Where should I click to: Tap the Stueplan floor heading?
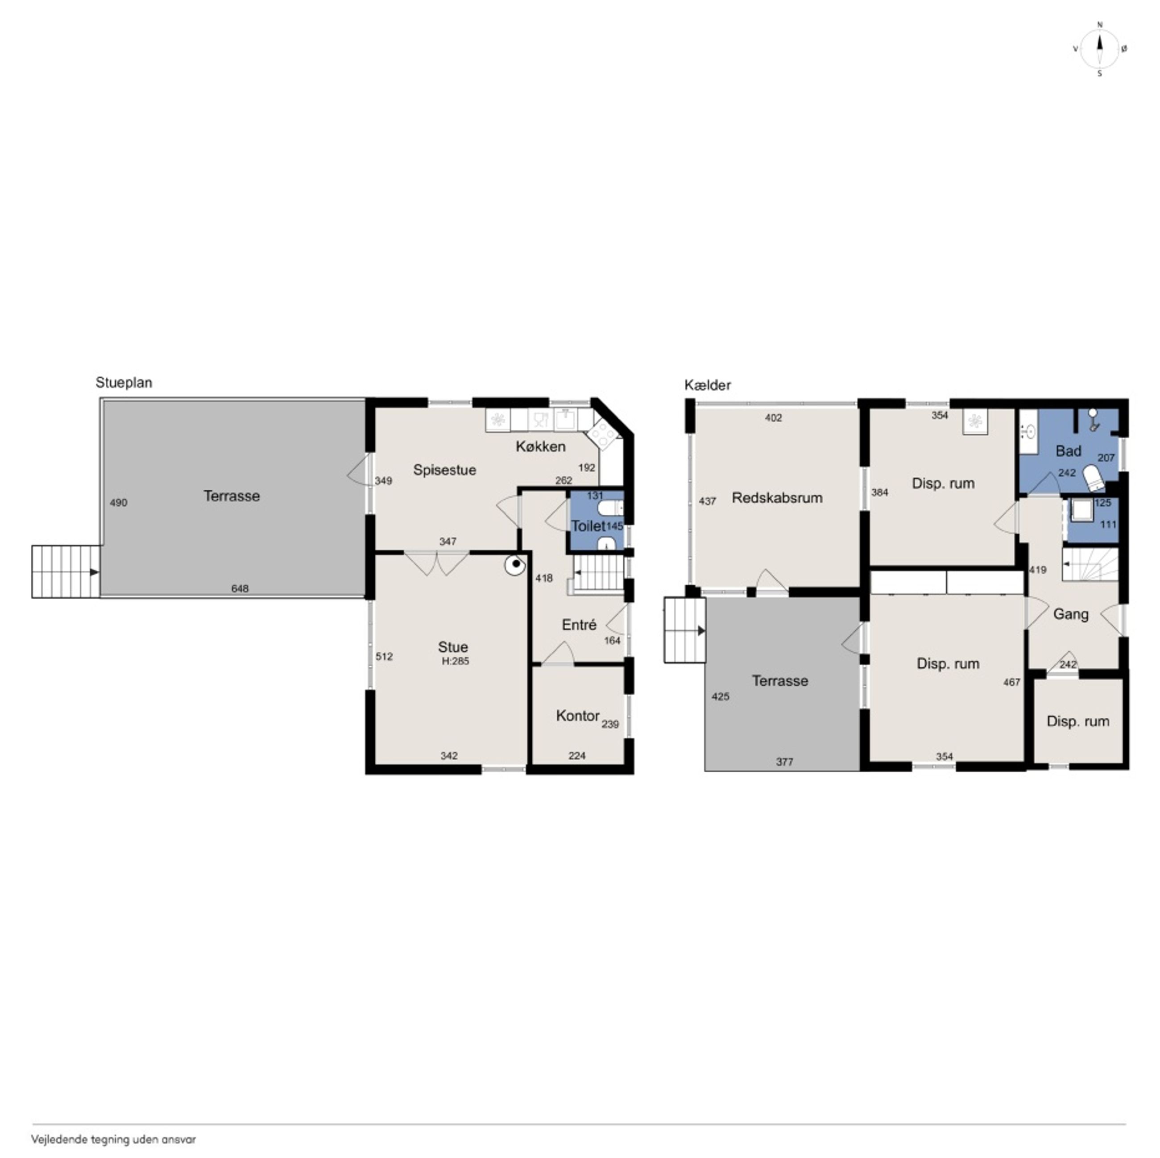pos(124,383)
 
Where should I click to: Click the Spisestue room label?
pos(444,470)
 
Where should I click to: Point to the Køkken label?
pos(540,447)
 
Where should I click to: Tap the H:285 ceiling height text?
pos(455,661)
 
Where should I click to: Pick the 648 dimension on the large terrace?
pos(240,589)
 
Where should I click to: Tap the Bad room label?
pos(1068,451)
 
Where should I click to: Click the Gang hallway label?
pos(1071,614)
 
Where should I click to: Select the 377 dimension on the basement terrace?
pos(784,762)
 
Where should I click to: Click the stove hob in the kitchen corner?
pos(601,433)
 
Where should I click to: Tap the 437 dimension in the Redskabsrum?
pos(707,501)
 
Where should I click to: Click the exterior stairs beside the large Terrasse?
pos(66,571)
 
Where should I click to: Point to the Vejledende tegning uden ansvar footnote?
pos(113,1139)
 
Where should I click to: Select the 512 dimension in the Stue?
pos(384,657)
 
